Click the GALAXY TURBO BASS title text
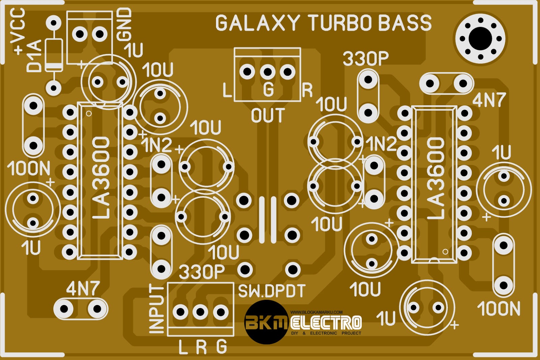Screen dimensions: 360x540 point(323,23)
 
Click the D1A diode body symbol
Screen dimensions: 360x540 point(54,55)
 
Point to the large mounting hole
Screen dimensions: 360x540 point(480,38)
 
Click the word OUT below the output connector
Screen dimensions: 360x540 point(268,116)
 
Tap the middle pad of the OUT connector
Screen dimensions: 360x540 point(267,72)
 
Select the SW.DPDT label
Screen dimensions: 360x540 point(272,291)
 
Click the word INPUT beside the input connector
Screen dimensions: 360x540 point(156,308)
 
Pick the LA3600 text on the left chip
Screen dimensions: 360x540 point(101,178)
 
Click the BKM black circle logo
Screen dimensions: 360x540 point(266,322)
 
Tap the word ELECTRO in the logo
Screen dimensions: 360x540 point(326,323)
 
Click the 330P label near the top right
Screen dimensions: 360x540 point(366,59)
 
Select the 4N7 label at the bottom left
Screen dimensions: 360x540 point(83,289)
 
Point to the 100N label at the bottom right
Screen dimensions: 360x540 point(498,309)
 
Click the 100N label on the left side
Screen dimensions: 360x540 point(28,168)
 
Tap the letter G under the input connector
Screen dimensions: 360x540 point(221,347)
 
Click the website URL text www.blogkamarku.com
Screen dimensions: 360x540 point(316,312)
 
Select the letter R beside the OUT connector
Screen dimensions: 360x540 point(307,90)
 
